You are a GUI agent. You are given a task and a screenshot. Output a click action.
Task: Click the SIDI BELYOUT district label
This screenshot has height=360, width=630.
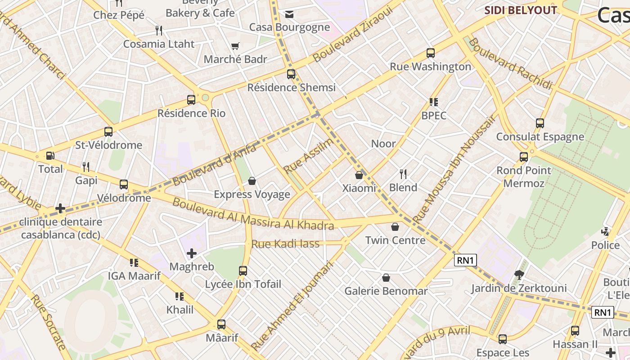point(521,10)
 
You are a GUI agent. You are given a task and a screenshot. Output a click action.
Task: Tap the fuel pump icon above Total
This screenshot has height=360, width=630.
point(50,156)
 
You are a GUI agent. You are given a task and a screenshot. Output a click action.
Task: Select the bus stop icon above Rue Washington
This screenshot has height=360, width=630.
point(430,53)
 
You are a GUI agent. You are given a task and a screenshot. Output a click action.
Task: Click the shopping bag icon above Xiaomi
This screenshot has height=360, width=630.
point(359,175)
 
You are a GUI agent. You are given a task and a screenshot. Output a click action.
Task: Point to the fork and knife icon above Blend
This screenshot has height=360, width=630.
point(403,174)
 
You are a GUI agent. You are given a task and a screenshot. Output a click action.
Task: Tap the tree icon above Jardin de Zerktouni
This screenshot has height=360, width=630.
point(519,274)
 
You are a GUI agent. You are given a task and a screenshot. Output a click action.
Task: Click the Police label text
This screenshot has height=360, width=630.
point(605,245)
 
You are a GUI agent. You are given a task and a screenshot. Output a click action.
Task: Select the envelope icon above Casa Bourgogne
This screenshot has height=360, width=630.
point(289,14)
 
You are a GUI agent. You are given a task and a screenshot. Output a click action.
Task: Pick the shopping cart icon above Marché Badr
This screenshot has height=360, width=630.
point(235,46)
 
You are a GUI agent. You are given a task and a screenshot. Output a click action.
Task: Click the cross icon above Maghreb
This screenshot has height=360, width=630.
point(192,253)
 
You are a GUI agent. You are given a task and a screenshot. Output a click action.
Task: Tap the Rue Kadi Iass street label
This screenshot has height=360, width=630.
point(285,244)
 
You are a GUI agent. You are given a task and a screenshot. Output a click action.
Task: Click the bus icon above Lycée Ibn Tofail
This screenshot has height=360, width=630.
point(243,270)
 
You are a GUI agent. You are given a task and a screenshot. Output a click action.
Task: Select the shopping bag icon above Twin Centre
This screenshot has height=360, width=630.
point(395,227)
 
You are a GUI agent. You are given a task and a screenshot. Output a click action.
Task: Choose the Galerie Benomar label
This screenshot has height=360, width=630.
point(386,291)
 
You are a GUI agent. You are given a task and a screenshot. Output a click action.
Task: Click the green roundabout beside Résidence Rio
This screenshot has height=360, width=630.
point(206,97)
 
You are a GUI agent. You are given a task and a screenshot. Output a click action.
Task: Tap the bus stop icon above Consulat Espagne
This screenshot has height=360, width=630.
point(540,123)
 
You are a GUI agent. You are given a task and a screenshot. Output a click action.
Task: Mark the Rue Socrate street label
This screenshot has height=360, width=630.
point(48,322)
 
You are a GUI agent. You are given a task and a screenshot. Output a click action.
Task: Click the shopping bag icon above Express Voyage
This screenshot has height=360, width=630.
point(252,181)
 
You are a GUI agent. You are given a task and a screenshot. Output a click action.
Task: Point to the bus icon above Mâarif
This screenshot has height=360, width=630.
point(221,324)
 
